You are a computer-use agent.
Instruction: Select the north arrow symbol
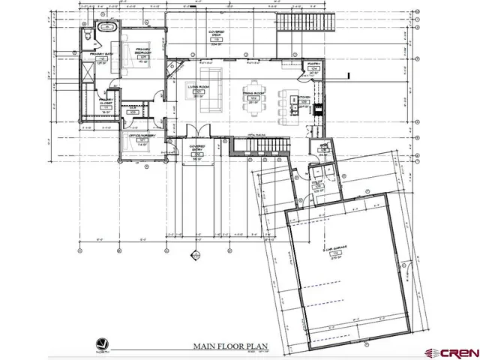[102, 342]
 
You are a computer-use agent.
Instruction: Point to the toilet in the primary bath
[87, 34]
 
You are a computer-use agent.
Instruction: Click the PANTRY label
[313, 66]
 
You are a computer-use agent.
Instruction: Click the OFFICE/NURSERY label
[139, 137]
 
